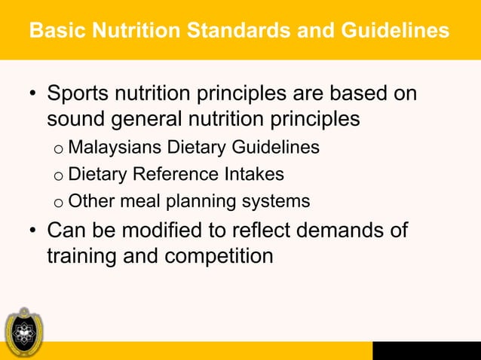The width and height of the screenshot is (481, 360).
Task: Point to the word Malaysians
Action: [112, 148]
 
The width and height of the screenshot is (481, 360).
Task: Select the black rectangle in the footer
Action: [426, 350]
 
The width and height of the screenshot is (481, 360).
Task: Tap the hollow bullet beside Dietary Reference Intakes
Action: [57, 176]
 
